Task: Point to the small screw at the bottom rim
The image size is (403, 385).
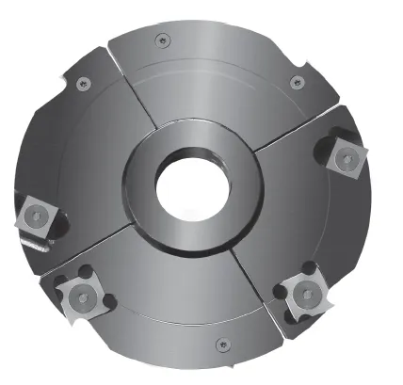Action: [220, 342]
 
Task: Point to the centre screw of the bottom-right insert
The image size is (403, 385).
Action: [307, 295]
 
